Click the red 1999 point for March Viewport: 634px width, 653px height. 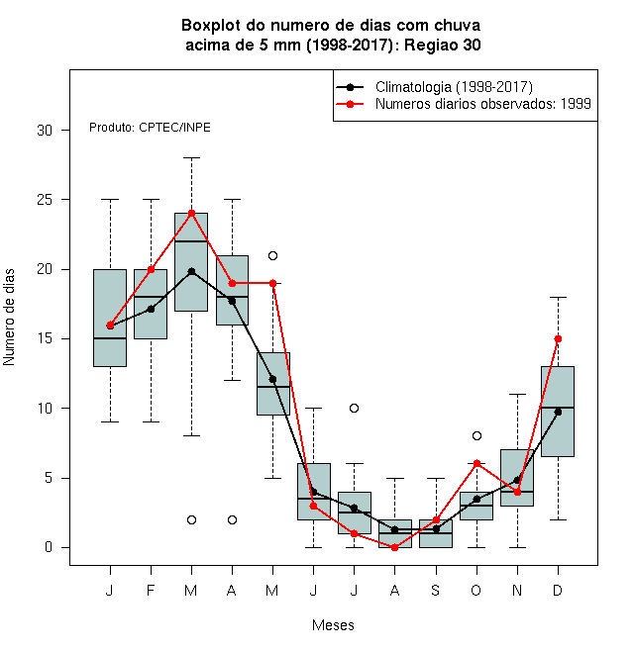coord(191,214)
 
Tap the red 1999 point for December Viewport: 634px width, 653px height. coord(558,339)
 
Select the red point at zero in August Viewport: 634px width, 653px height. coord(394,548)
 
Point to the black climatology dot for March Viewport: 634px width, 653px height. coord(191,271)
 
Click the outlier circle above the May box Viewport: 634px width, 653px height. coord(272,255)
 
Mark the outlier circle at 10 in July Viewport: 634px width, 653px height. coord(354,408)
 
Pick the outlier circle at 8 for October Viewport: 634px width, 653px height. coord(476,436)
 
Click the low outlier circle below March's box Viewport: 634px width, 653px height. coord(191,519)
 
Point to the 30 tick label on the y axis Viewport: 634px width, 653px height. coord(45,131)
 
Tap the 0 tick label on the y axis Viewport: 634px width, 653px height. coord(49,547)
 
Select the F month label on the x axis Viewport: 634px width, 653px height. coord(151,590)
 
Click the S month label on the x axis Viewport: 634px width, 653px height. coord(436,590)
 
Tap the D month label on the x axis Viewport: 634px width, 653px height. coord(558,590)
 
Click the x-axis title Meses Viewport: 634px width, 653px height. coord(333,625)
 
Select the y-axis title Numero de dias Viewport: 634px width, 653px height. coord(9,318)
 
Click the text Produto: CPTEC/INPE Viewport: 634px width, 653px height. coord(150,127)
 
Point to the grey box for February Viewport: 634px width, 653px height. coord(151,304)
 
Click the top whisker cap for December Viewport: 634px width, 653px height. coord(558,298)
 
